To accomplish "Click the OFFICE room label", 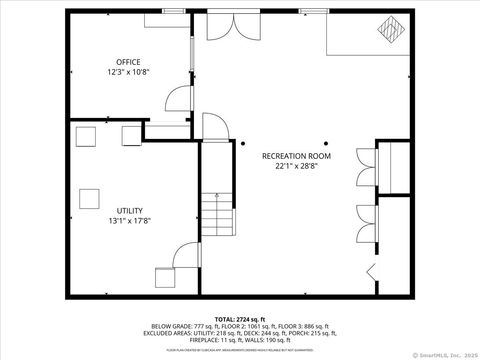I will [127, 62].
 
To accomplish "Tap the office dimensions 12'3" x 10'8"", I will [127, 72].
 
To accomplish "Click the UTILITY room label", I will [130, 210].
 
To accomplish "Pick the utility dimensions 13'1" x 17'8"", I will [130, 220].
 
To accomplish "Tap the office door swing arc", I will [178, 98].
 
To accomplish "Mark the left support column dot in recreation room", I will [242, 143].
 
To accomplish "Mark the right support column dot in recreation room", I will [326, 143].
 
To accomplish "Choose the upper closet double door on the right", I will [361, 168].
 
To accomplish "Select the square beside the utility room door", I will [163, 276].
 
